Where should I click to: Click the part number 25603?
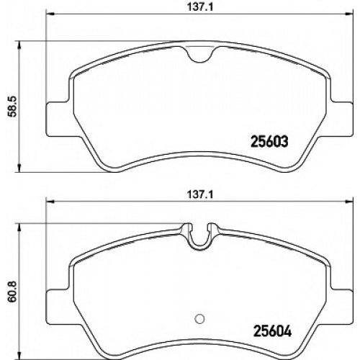269,142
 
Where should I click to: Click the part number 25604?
272,331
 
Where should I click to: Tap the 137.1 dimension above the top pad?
200,7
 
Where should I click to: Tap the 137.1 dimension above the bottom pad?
200,194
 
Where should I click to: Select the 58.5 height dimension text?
12,107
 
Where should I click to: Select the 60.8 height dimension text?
12,291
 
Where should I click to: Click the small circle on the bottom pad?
200,318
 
